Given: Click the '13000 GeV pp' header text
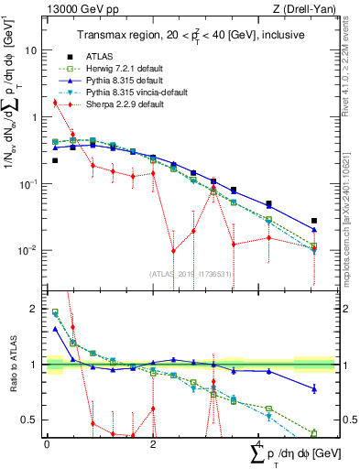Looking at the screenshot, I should click(x=72, y=10).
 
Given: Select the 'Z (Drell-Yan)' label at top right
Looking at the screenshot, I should click(x=291, y=10).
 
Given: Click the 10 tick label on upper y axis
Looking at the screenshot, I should click(x=33, y=51).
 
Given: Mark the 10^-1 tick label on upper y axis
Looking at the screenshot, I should click(x=29, y=184).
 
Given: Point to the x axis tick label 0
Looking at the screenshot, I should click(x=47, y=442).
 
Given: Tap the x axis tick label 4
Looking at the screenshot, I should click(x=260, y=442).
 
